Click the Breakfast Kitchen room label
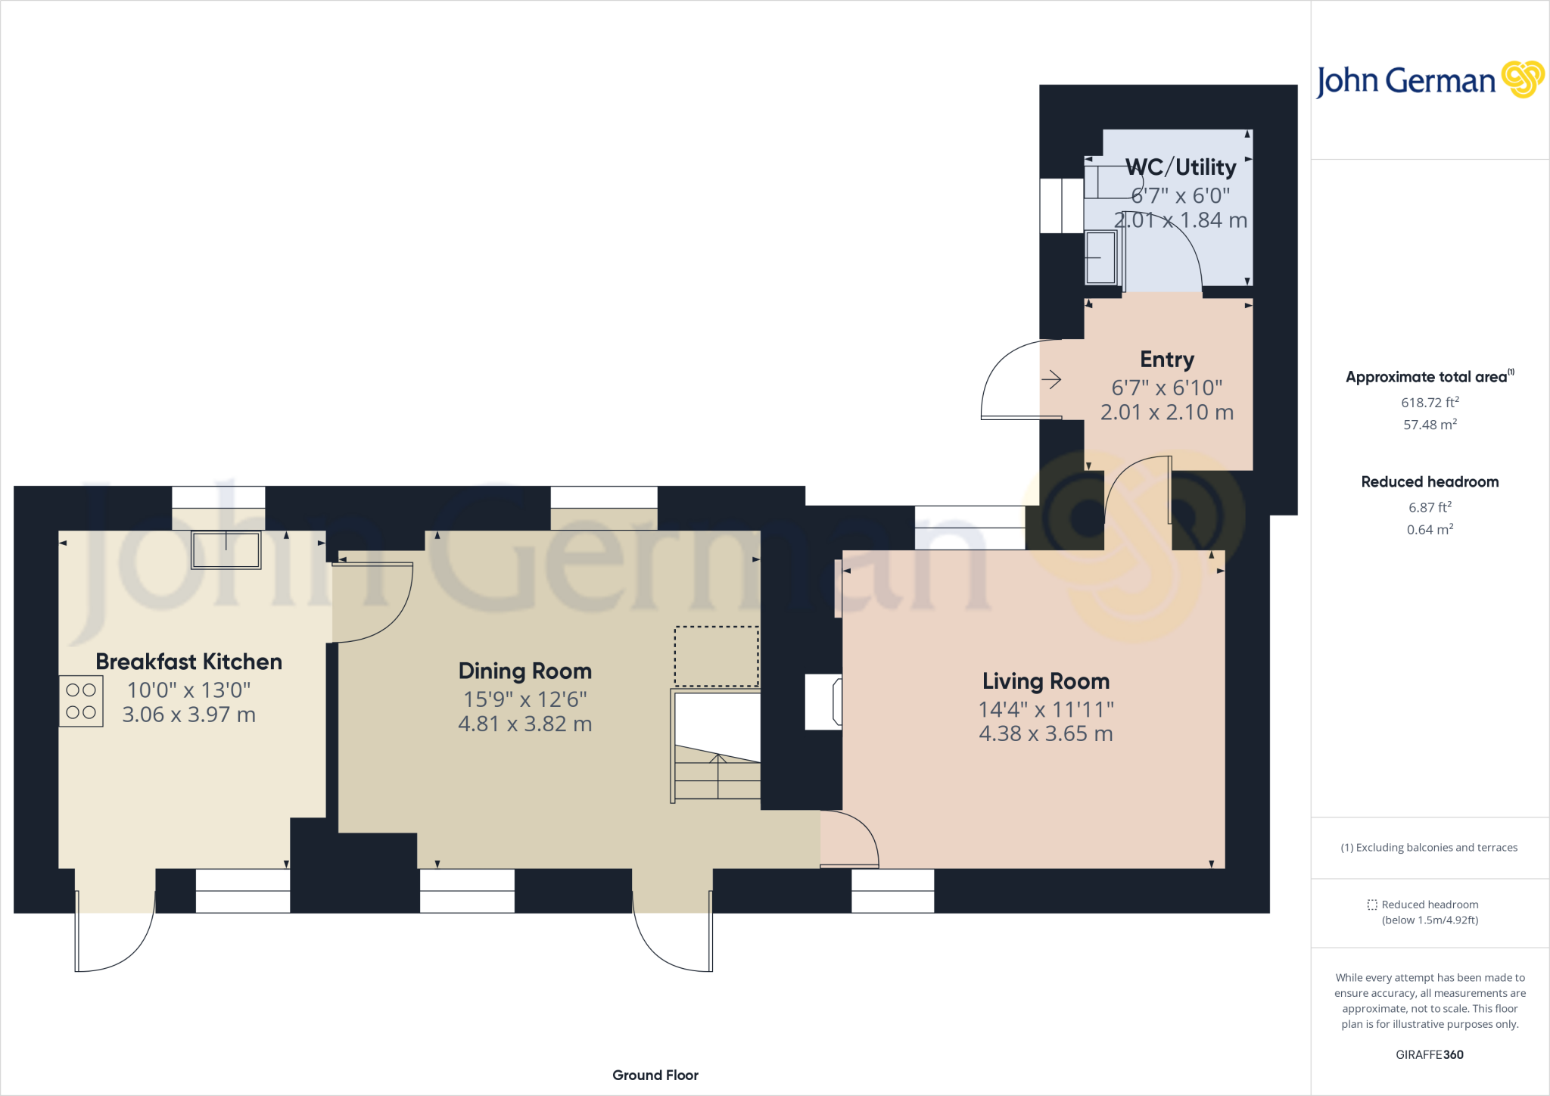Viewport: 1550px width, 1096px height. pyautogui.click(x=188, y=662)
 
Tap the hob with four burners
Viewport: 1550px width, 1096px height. pyautogui.click(x=81, y=701)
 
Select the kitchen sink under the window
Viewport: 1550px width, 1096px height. pyautogui.click(x=226, y=550)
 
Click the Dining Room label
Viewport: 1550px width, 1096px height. pyautogui.click(x=524, y=671)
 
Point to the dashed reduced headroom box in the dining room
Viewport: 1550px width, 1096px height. pyautogui.click(x=716, y=656)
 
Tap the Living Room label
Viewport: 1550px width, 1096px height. pyautogui.click(x=1045, y=681)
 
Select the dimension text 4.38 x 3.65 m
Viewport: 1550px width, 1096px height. pyautogui.click(x=1045, y=733)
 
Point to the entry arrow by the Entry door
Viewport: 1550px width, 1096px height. pyautogui.click(x=1051, y=379)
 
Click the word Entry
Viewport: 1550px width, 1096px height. pyautogui.click(x=1167, y=360)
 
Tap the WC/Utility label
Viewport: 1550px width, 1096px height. pyautogui.click(x=1180, y=167)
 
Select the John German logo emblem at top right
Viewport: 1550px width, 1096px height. pyautogui.click(x=1523, y=79)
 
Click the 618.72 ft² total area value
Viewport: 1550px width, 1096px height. pyautogui.click(x=1429, y=403)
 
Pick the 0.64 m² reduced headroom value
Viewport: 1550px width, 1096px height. pyautogui.click(x=1429, y=530)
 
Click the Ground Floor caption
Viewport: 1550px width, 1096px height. pyautogui.click(x=655, y=1075)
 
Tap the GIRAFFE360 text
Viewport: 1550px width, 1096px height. pyautogui.click(x=1429, y=1054)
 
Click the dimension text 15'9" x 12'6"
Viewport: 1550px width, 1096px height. pyautogui.click(x=524, y=699)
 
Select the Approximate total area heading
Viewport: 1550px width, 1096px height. pyautogui.click(x=1426, y=377)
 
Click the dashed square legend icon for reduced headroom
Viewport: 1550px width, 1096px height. pyautogui.click(x=1372, y=905)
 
